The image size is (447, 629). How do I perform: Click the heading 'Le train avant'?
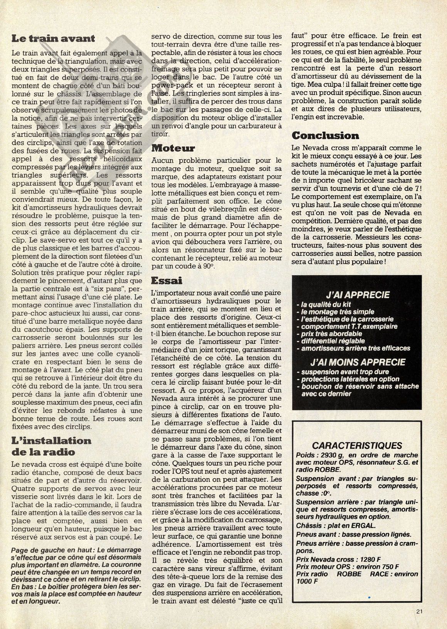click(53, 38)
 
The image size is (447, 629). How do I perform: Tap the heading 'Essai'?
click(167, 280)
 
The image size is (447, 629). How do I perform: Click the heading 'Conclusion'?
click(325, 135)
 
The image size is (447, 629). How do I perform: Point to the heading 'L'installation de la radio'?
click(51, 446)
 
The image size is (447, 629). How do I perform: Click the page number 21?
click(420, 610)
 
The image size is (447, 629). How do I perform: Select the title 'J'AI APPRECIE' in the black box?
click(358, 295)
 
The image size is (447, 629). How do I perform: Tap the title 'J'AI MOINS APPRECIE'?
click(358, 362)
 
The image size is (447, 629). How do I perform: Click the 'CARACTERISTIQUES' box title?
click(357, 446)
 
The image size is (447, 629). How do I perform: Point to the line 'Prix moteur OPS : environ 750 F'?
click(348, 567)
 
